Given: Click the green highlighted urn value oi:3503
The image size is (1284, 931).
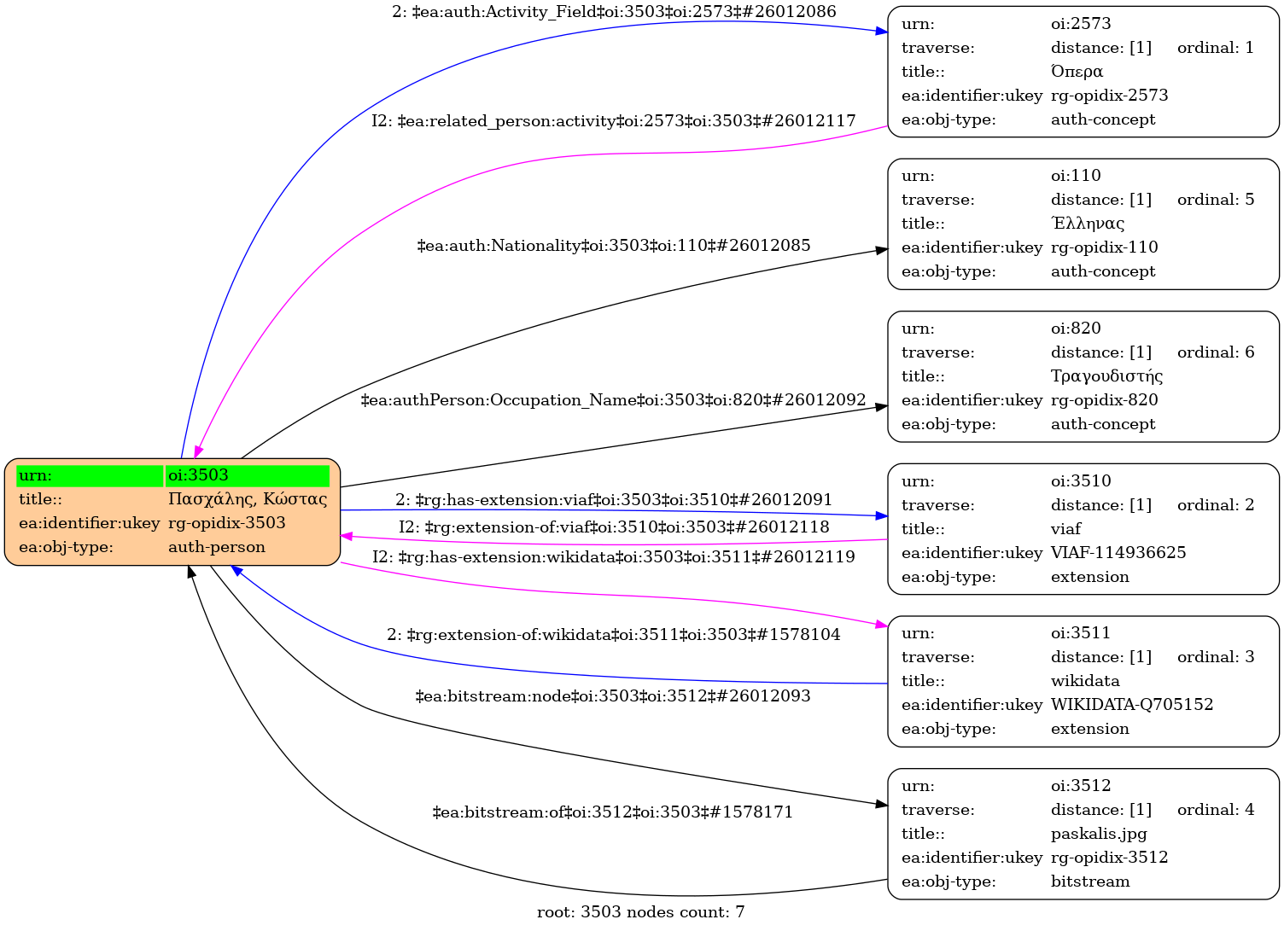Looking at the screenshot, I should point(198,475).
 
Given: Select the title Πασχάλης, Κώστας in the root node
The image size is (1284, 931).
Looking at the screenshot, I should point(247,499).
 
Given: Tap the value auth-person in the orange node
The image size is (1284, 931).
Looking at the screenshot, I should point(216,547).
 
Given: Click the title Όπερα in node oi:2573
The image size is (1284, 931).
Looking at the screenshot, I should point(1077,72).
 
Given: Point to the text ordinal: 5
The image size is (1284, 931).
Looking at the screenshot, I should point(1215,200).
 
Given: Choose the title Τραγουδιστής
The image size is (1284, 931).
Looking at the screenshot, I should point(1106,376).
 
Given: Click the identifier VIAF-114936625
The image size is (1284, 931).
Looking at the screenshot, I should point(1118,553).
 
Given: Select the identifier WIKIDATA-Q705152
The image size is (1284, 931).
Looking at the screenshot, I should point(1131,705).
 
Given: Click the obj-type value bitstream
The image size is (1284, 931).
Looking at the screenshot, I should point(1089,882).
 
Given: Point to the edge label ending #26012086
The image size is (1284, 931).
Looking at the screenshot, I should point(614,12).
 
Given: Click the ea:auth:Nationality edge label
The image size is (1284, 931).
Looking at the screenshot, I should point(613,246).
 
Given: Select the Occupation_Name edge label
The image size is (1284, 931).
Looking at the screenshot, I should point(613,400).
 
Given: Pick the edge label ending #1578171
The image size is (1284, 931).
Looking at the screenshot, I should point(613,812).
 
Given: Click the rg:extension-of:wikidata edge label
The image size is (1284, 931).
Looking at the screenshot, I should point(613,635).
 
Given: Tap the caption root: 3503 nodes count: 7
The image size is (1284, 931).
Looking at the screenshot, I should point(640,912).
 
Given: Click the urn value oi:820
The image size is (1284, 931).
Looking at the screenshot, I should point(1075,329).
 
